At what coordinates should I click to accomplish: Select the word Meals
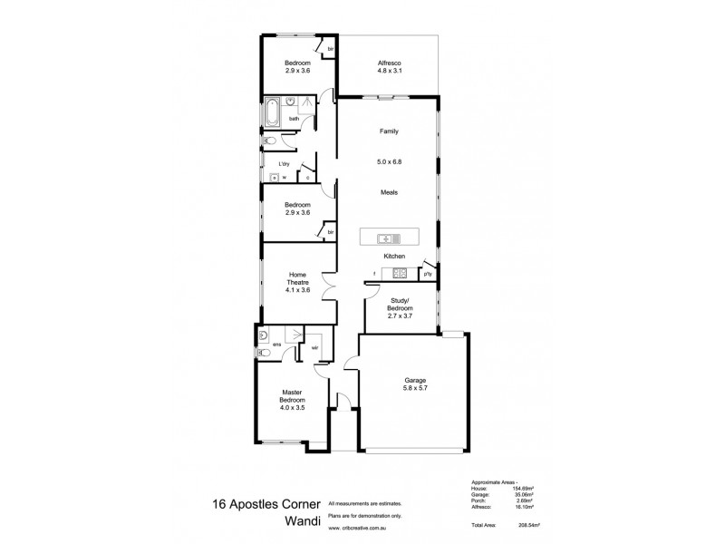(389, 192)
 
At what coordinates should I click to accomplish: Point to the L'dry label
(284, 164)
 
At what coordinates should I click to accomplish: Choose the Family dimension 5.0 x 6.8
(389, 162)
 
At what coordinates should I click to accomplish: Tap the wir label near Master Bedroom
(314, 347)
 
